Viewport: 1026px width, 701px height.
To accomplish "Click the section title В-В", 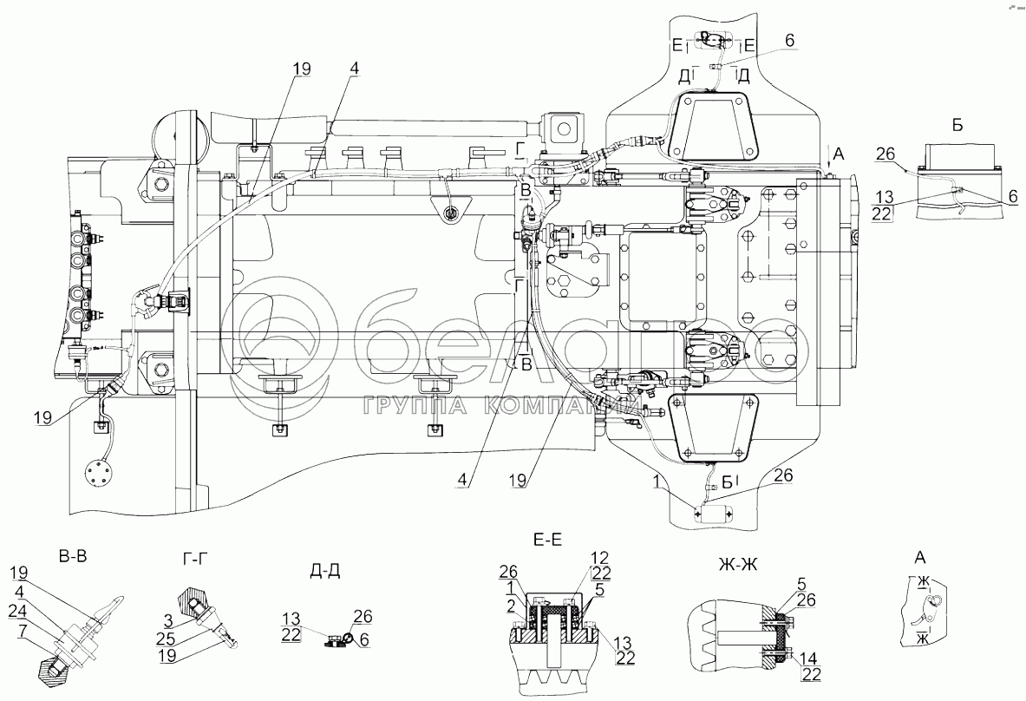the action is (x=73, y=557).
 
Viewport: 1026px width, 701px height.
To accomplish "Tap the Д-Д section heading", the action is (x=324, y=570).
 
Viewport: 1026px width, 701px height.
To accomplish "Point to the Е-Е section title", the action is (x=547, y=540).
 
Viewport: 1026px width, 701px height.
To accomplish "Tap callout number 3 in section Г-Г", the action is (x=168, y=620).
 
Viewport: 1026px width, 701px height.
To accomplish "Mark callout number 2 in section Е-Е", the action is (x=511, y=606).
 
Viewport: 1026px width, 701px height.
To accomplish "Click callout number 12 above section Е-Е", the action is (x=600, y=559).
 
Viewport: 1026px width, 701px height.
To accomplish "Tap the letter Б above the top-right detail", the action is (x=957, y=126).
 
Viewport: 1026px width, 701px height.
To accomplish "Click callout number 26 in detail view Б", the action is (x=885, y=154).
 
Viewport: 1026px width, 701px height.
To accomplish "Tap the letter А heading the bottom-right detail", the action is (x=920, y=558).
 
